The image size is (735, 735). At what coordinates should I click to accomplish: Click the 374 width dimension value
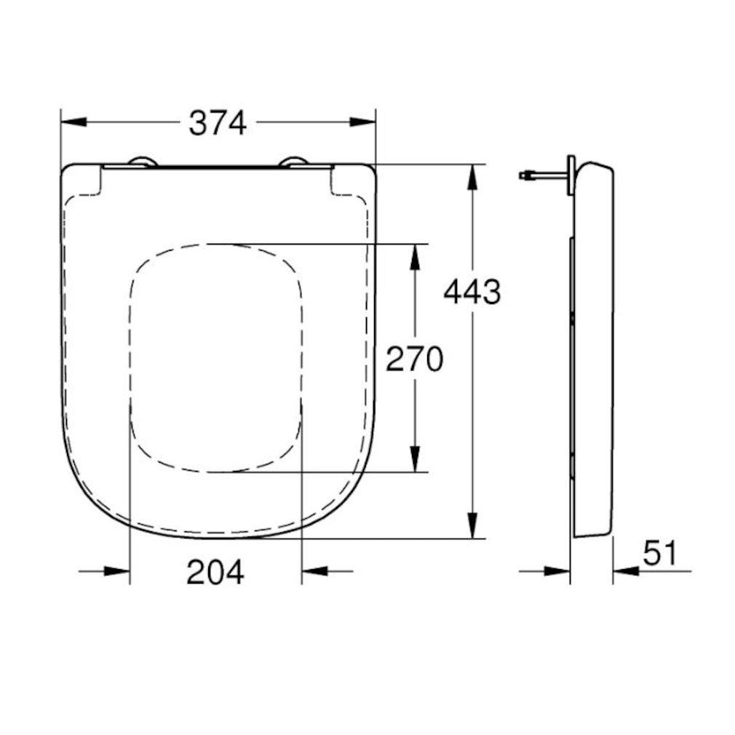tap(218, 122)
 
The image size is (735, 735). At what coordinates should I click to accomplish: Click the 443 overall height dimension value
tap(472, 292)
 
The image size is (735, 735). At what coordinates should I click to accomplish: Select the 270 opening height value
tap(414, 359)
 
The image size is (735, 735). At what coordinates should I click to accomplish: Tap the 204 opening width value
tap(215, 572)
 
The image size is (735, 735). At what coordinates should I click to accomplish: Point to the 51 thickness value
tap(659, 554)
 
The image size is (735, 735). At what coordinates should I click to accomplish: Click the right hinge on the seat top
tap(295, 162)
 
